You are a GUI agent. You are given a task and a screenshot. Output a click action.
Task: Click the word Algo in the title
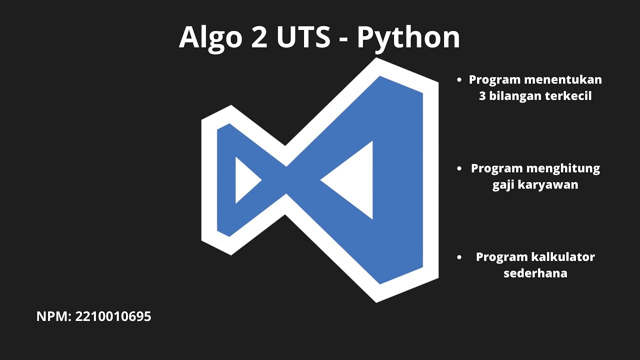[x=210, y=37]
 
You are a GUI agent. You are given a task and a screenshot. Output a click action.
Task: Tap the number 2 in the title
[x=259, y=37]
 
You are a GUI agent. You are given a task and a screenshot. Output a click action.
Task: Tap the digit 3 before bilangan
[x=482, y=96]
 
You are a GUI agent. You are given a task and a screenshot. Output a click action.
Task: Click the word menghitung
[x=563, y=168]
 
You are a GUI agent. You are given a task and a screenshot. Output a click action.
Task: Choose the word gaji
[x=502, y=185]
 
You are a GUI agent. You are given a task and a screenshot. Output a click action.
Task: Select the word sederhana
[x=535, y=273]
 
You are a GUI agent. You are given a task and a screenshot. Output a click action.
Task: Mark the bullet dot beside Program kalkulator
[x=459, y=257]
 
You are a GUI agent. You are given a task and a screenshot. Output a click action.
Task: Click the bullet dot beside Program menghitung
[x=459, y=169]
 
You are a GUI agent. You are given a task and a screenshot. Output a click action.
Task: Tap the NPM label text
[x=54, y=316]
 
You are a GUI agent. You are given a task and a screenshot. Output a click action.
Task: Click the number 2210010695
[x=113, y=316]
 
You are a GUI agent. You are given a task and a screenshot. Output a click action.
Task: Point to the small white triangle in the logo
[x=245, y=180]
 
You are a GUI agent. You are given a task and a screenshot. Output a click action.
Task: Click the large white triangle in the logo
[x=354, y=180]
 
